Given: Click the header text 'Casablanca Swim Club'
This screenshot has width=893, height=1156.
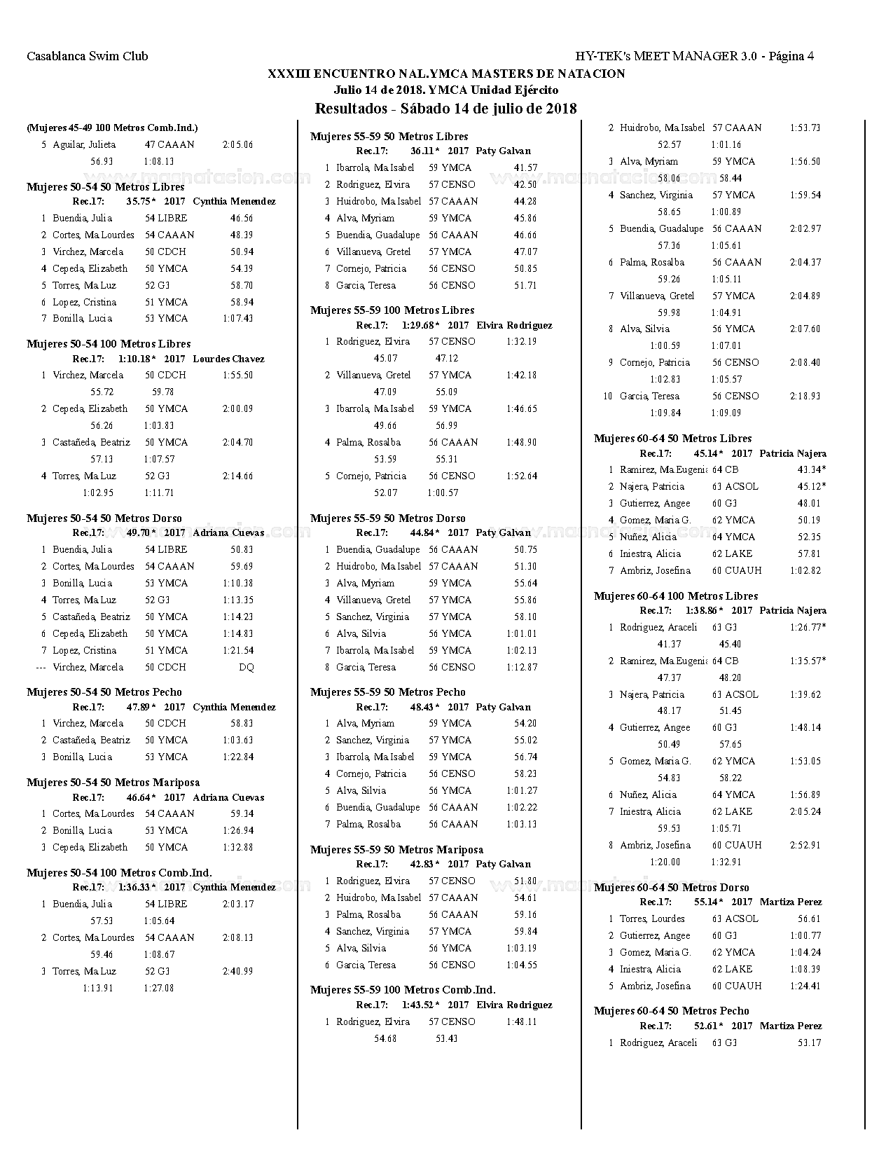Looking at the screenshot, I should pyautogui.click(x=88, y=57).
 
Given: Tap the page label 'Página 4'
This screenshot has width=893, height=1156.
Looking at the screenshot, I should pyautogui.click(x=791, y=57).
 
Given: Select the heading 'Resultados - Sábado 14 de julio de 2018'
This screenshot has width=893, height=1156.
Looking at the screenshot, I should pyautogui.click(x=445, y=109).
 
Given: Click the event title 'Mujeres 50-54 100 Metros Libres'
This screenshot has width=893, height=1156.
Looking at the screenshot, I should pyautogui.click(x=109, y=344).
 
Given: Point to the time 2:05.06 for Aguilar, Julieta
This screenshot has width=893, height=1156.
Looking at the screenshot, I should pyautogui.click(x=237, y=145).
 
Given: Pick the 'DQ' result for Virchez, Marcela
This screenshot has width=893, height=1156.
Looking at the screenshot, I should pyautogui.click(x=246, y=668).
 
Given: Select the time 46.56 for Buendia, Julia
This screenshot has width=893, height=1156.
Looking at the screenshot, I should pyautogui.click(x=242, y=219).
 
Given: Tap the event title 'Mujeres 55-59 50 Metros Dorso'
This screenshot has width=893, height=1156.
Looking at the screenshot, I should pyautogui.click(x=387, y=518).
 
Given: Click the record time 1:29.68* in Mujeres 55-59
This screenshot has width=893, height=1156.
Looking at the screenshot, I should pyautogui.click(x=420, y=326).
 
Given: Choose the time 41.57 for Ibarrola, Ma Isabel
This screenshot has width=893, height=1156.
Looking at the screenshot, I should pyautogui.click(x=525, y=168).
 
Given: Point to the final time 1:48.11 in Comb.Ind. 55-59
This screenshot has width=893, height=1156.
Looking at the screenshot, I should pyautogui.click(x=521, y=1022).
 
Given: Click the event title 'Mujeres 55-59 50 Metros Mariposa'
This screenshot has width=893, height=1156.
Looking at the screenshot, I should pyautogui.click(x=396, y=850).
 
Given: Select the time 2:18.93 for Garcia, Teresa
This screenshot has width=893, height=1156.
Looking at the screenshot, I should pyautogui.click(x=805, y=397).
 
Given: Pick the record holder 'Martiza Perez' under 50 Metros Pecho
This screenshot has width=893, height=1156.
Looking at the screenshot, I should pyautogui.click(x=791, y=1026).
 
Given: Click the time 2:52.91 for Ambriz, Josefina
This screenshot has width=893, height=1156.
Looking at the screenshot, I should pyautogui.click(x=805, y=846).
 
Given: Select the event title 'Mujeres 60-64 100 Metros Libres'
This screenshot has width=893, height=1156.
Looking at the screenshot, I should pyautogui.click(x=676, y=596).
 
